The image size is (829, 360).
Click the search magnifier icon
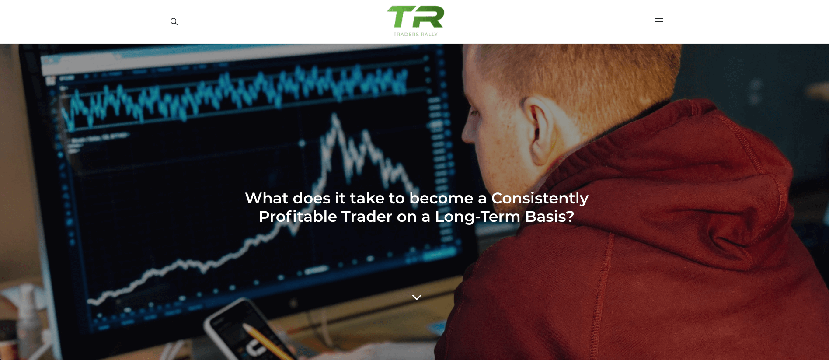pos(174,21)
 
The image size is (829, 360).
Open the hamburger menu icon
pos(658,21)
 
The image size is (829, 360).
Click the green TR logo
pos(415,17)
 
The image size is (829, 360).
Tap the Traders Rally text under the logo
pos(415,35)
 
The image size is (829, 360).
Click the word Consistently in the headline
pos(540,198)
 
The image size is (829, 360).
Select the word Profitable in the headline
pos(297,217)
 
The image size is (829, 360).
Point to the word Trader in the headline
pos(366,217)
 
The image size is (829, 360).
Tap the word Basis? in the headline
pos(550,217)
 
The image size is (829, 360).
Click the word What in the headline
pos(266,198)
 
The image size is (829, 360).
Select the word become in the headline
pos(441,198)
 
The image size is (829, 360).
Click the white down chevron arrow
pos(416,297)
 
